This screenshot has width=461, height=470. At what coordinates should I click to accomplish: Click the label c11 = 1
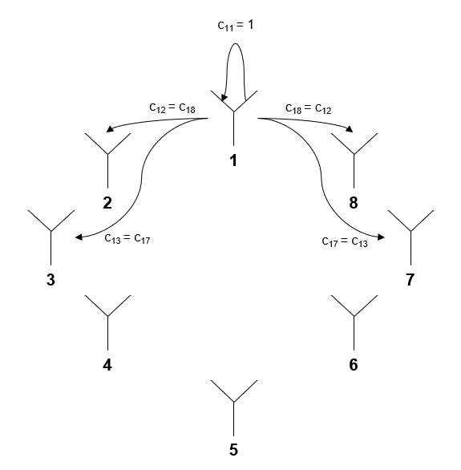pos(236,25)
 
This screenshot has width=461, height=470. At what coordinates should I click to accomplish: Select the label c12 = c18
pos(172,107)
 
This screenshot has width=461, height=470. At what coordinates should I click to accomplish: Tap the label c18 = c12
pos(308,108)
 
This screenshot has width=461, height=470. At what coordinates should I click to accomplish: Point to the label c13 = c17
pos(127,238)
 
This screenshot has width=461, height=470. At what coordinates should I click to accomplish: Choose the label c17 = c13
pos(345,241)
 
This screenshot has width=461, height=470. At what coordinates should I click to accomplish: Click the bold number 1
pos(233,160)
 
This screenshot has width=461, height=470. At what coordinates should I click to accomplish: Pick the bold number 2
pos(107,203)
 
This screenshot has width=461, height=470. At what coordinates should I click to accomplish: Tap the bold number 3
pos(51,280)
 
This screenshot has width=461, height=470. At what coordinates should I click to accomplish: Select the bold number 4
pos(107,365)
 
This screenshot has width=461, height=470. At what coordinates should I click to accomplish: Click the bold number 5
pos(233,450)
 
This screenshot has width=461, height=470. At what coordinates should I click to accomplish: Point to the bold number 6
pos(354,365)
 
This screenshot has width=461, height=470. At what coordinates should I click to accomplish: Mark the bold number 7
pos(410,280)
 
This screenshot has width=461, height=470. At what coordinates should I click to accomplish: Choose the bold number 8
pos(354,203)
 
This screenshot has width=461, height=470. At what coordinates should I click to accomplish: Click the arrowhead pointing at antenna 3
pos(79,237)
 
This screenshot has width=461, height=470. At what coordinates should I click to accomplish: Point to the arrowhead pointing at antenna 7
pos(381,237)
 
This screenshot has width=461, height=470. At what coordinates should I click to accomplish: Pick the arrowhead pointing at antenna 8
pos(350,129)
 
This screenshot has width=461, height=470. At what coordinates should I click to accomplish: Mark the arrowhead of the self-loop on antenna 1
pos(224,98)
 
